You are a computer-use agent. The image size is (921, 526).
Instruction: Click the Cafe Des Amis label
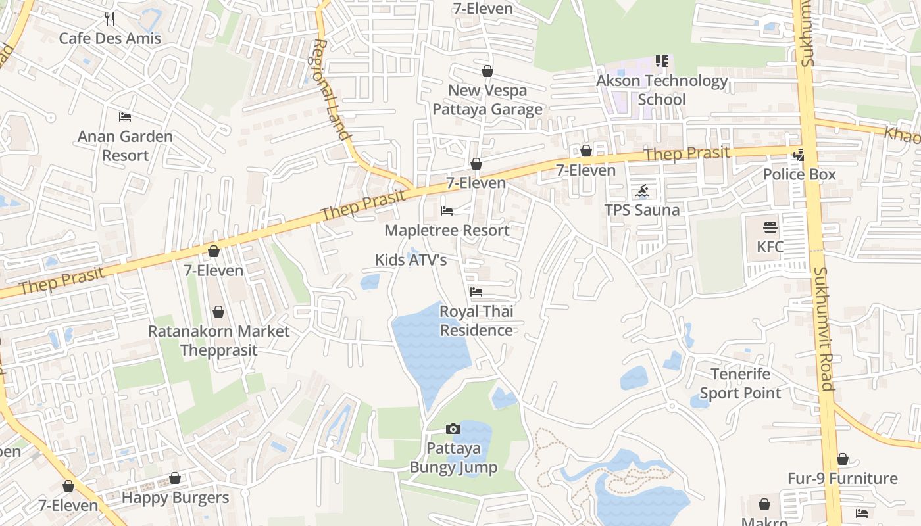coord(110,38)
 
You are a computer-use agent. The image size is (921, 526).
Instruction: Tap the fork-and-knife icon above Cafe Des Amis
coord(110,18)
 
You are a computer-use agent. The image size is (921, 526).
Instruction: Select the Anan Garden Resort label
coord(125,146)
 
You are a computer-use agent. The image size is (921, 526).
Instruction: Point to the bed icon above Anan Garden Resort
coord(125,117)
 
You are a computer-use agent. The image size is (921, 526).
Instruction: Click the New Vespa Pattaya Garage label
coord(487,100)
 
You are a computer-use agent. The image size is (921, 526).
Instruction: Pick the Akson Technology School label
coord(662,90)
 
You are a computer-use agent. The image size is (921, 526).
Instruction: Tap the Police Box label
coord(799,174)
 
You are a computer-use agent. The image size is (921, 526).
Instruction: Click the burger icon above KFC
coord(770,227)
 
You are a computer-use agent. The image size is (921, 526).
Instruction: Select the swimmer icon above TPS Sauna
coord(642,191)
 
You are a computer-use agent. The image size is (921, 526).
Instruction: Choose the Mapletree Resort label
coord(447,230)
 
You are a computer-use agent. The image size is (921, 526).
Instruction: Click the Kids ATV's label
coord(411,260)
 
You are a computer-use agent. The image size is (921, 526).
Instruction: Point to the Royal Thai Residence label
coord(476,321)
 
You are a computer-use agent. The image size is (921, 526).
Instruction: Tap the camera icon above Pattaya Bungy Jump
coord(453,429)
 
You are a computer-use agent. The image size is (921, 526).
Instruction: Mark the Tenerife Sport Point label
coord(740,383)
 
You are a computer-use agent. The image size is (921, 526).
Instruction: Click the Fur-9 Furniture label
coord(842,478)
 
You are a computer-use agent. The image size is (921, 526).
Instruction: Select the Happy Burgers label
coord(175,498)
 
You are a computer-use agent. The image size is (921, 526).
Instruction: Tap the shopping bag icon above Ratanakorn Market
coord(218,312)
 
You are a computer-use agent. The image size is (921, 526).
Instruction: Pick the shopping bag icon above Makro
coord(764,504)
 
